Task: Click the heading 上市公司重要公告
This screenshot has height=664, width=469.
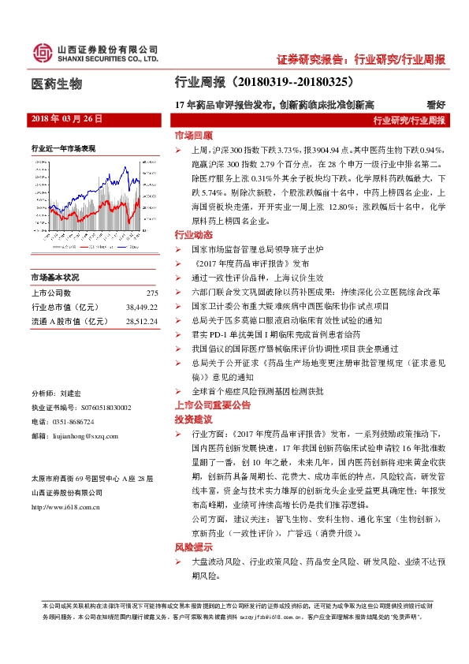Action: coord(212,405)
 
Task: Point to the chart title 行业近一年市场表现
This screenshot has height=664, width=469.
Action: coord(63,147)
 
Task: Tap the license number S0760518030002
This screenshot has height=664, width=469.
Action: coord(95,407)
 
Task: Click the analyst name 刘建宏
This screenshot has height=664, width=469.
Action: coord(70,393)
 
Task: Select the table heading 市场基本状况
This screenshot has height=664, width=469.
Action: coord(55,278)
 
